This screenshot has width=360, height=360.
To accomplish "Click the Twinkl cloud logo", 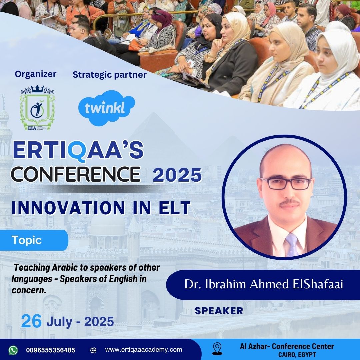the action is (107, 108).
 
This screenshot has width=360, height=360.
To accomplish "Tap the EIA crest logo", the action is (37, 108).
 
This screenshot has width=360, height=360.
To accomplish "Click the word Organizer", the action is (36, 74).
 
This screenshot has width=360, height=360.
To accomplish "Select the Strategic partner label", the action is (110, 75).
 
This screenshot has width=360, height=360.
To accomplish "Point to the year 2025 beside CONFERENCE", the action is (177, 175).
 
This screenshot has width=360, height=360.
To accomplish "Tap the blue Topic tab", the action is (34, 240).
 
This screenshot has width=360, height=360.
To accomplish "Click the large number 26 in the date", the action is (31, 321).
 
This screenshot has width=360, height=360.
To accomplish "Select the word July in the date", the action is (59, 322).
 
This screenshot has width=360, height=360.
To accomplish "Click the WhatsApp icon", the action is (13, 350).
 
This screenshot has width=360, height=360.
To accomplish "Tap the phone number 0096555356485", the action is (51, 350).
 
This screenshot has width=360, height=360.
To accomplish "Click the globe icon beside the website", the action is (93, 350).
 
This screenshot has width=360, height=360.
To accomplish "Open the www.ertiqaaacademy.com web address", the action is (143, 350).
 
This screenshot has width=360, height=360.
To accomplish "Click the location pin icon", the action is (217, 349).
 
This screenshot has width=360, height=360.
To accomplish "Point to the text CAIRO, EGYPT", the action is (297, 354).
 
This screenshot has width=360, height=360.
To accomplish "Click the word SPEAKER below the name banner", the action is (219, 311).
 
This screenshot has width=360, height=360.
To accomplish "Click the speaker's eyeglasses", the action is (286, 184).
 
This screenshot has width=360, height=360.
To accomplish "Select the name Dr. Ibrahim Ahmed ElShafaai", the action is (264, 284).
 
